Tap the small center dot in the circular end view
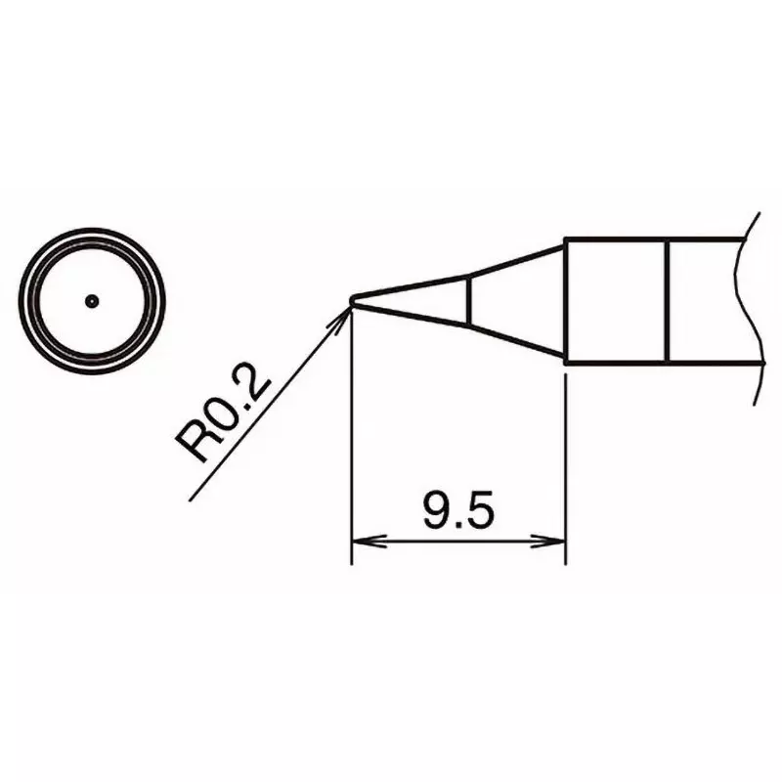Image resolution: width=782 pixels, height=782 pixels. [92, 300]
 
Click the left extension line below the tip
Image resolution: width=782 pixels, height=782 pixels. [351, 440]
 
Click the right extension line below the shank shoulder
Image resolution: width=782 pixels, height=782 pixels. [566, 459]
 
